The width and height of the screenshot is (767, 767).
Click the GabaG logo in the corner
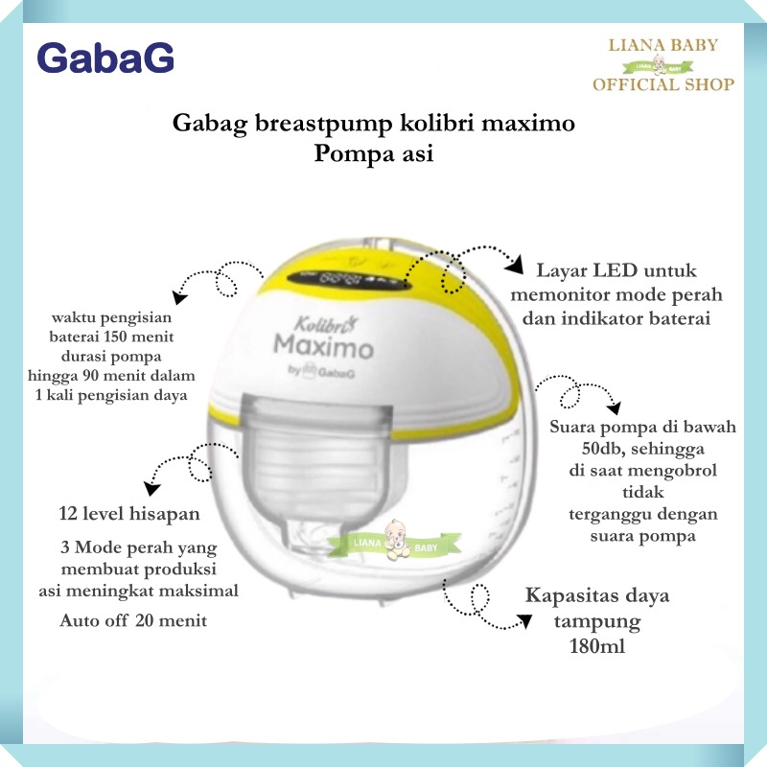(x=105, y=58)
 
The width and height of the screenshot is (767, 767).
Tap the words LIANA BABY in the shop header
(x=662, y=45)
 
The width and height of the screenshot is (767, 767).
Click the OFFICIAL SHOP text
(x=663, y=84)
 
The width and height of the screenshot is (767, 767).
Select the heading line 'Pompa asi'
(x=374, y=153)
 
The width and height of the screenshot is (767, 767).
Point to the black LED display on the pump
(x=348, y=281)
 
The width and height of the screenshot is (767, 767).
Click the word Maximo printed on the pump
(x=323, y=346)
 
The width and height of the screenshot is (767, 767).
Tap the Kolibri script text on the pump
(x=325, y=323)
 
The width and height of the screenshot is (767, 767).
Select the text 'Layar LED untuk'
(x=616, y=270)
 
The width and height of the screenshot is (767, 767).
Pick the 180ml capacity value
(x=597, y=646)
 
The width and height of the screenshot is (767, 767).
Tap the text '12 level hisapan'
(x=129, y=514)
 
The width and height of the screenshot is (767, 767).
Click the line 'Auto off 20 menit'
(x=133, y=620)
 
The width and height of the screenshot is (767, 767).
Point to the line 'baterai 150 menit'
(x=111, y=337)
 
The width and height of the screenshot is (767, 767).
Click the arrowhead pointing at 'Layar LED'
(x=514, y=267)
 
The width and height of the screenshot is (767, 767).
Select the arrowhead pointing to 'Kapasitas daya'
(x=524, y=621)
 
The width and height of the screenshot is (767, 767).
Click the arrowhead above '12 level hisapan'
(x=151, y=488)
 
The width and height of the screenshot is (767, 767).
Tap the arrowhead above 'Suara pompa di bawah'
(x=614, y=407)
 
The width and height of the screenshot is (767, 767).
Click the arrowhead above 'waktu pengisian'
(x=179, y=297)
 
